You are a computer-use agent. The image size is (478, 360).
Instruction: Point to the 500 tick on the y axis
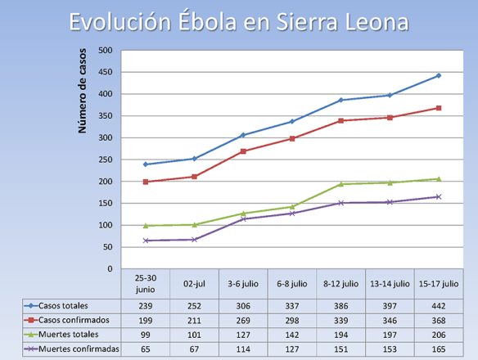click(x=106, y=50)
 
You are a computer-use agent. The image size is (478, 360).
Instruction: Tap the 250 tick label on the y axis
click(x=106, y=160)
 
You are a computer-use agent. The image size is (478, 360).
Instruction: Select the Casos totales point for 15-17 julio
click(x=439, y=75)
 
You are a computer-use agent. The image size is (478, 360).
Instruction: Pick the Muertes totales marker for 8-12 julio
click(x=340, y=184)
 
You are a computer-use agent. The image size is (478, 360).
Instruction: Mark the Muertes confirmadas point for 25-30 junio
click(x=145, y=241)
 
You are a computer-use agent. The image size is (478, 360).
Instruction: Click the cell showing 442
click(x=439, y=304)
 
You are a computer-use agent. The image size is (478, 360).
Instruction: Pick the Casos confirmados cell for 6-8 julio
click(x=291, y=319)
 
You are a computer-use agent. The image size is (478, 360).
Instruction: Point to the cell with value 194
click(x=340, y=334)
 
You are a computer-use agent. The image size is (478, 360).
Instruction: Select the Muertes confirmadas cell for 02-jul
click(x=194, y=349)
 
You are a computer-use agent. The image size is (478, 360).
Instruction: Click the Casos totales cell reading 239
click(x=145, y=304)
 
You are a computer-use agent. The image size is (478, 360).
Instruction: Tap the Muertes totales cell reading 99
click(x=145, y=334)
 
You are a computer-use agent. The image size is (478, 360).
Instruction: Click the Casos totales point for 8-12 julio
click(x=340, y=100)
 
